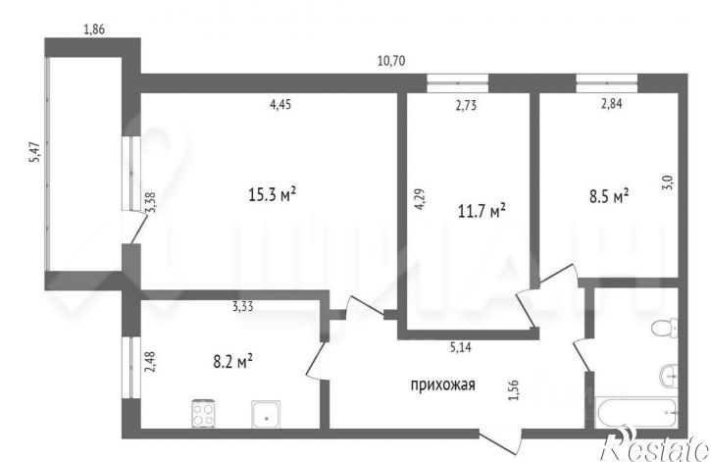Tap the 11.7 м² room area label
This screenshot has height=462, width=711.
pos(482,209)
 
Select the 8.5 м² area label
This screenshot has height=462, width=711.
pos(608,196)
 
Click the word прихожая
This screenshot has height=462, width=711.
pos(442,385)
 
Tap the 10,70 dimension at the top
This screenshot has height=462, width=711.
pos(391,61)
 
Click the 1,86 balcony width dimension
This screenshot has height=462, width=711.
pos(94,29)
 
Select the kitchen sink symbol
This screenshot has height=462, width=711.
pos(265,416)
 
